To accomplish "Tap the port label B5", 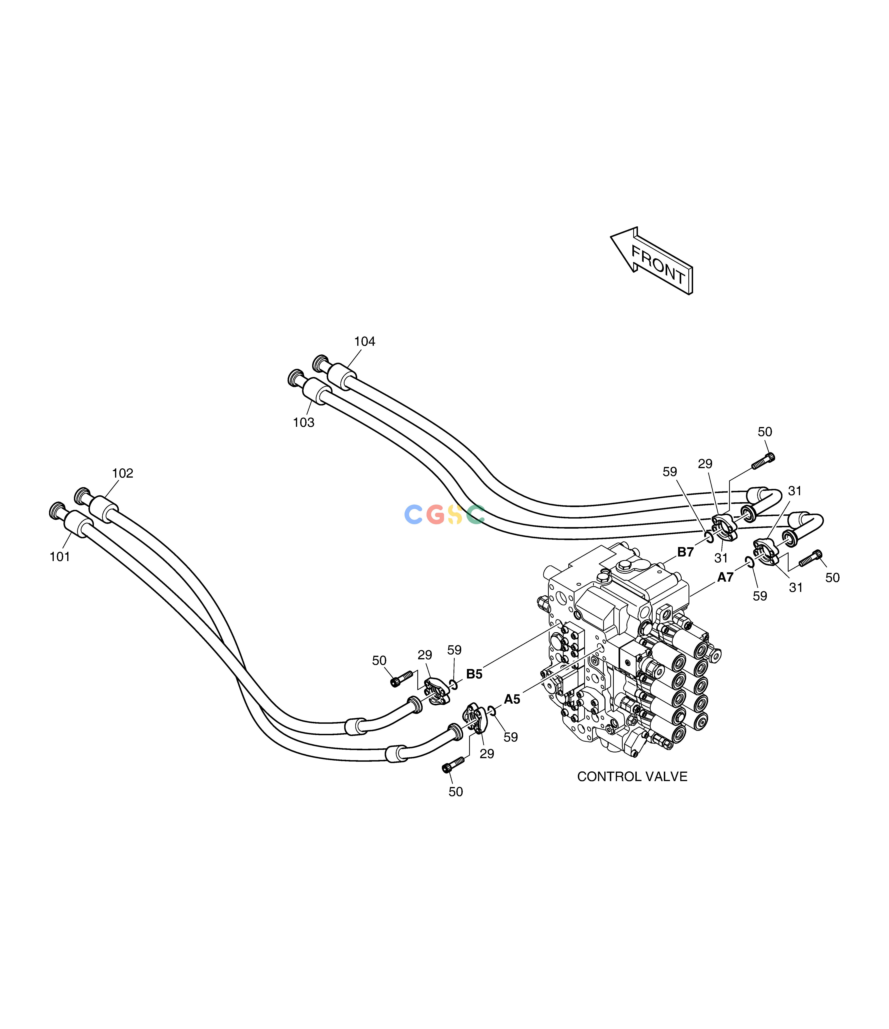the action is coord(474,674).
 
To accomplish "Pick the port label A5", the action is coord(512,699).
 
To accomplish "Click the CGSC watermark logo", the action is coord(444,514).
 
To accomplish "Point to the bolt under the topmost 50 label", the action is coord(763,461).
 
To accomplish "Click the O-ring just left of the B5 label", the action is coord(453,685).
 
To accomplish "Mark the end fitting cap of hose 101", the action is coord(58,510).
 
